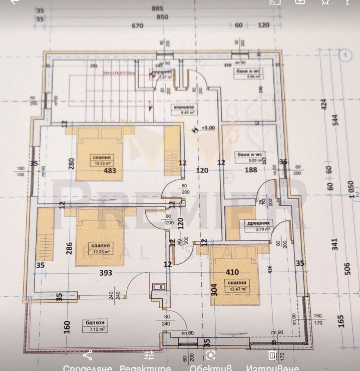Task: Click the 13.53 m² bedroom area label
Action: coord(101,160)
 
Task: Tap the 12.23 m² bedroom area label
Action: coord(101,249)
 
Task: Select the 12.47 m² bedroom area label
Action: coord(237,286)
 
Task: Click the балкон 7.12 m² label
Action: coord(95,326)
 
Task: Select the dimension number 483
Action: coord(110,171)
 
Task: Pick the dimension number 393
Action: coord(105,273)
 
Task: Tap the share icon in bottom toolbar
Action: coord(87,355)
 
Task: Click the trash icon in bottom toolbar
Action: coord(272,355)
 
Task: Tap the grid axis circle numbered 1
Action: coord(345,56)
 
